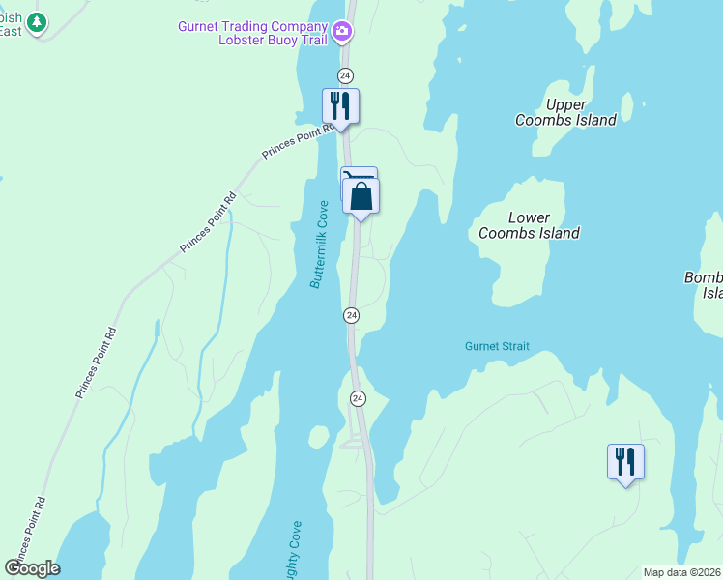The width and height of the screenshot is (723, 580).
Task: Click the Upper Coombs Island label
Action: pyautogui.click(x=565, y=112)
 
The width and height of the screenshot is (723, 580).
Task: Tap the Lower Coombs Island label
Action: pyautogui.click(x=529, y=225)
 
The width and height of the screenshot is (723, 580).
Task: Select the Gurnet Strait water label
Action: pyautogui.click(x=497, y=346)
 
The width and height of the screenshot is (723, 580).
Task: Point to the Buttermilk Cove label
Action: pyautogui.click(x=320, y=245)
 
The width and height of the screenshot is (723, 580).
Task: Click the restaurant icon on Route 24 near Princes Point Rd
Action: pyautogui.click(x=340, y=104)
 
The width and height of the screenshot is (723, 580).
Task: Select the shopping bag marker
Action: pyautogui.click(x=361, y=196)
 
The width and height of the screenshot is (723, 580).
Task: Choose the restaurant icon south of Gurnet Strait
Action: pyautogui.click(x=625, y=461)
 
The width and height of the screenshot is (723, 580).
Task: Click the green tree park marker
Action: pyautogui.click(x=37, y=22)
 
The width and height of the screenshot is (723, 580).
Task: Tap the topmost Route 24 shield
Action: pyautogui.click(x=345, y=75)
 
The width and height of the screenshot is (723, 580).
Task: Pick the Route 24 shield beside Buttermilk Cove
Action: pyautogui.click(x=352, y=315)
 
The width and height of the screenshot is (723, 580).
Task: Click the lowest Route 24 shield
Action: pyautogui.click(x=358, y=398)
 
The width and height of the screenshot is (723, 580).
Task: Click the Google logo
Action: pyautogui.click(x=33, y=567)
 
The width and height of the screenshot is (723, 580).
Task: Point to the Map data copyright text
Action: pyautogui.click(x=682, y=572)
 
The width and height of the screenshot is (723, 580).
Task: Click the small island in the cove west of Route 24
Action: pyautogui.click(x=319, y=437)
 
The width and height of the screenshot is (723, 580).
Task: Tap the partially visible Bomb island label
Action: pyautogui.click(x=704, y=285)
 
